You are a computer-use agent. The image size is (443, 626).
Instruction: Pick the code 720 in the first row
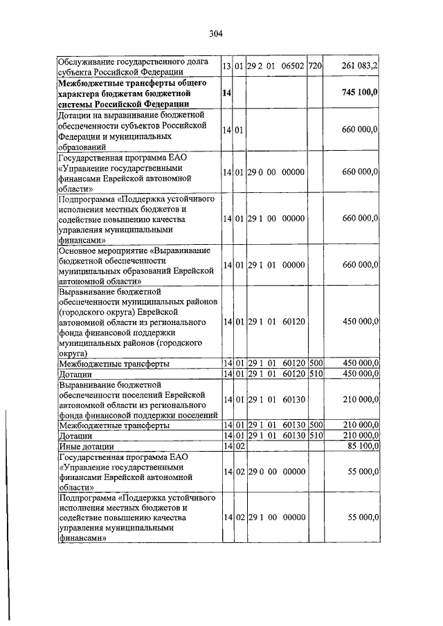pyautogui.click(x=315, y=66)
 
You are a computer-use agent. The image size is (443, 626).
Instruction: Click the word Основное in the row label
pyautogui.click(x=81, y=250)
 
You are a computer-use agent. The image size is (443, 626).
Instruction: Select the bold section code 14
pyautogui.click(x=226, y=93)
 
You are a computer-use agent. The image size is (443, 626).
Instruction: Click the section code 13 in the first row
pyautogui.click(x=226, y=66)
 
